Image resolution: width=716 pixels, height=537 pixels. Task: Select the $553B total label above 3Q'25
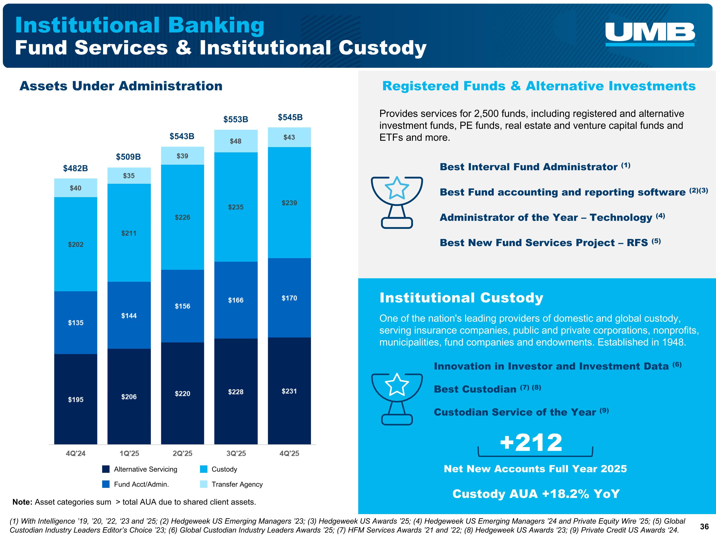click(x=236, y=119)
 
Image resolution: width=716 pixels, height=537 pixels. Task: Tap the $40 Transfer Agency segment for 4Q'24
click(x=75, y=188)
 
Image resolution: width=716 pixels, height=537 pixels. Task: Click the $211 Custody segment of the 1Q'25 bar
click(x=129, y=233)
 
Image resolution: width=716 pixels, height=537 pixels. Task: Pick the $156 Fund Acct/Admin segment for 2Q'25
click(x=183, y=306)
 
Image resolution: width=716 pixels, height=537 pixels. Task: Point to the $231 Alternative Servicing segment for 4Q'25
click(x=289, y=391)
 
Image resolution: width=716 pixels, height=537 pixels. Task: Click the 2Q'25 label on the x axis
click(x=183, y=453)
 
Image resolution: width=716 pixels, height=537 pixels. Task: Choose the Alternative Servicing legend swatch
click(x=106, y=469)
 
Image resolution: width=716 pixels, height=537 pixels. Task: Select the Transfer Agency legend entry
click(x=232, y=484)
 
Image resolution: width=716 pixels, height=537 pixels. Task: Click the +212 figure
click(x=531, y=442)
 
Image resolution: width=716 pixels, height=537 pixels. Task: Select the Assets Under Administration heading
click(x=121, y=86)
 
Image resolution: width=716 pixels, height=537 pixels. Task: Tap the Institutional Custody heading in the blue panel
click(x=461, y=297)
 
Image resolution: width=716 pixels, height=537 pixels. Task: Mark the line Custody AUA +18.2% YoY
click(x=536, y=494)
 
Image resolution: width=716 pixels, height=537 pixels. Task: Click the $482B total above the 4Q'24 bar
click(x=75, y=168)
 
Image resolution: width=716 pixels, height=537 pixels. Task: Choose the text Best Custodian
click(x=475, y=389)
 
